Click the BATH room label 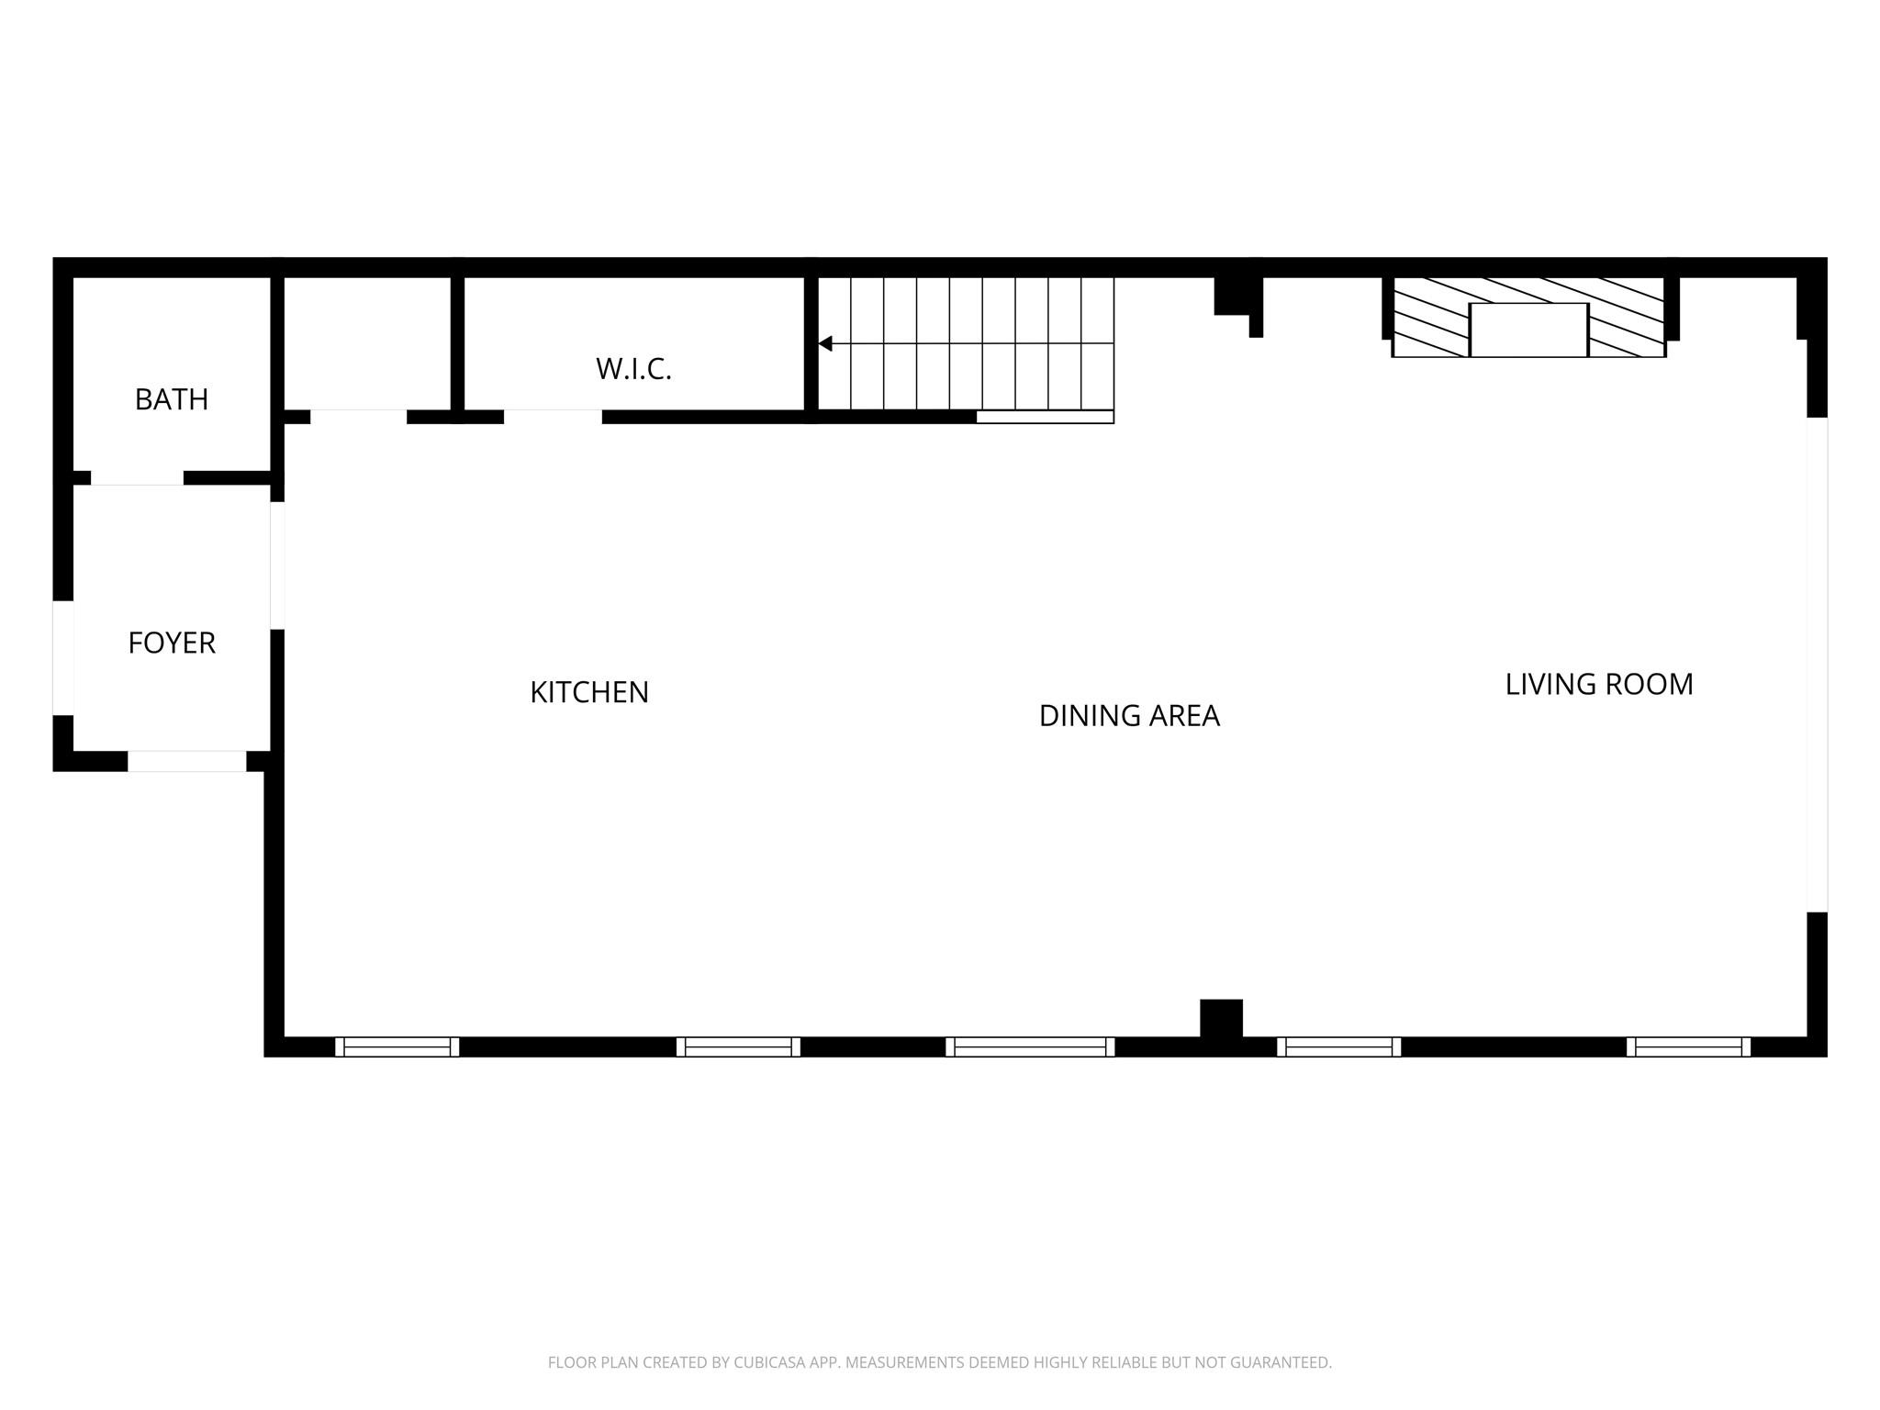tap(172, 399)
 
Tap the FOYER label tap(172, 643)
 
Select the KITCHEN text tap(589, 692)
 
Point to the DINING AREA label tap(1129, 716)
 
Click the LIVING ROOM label tap(1599, 684)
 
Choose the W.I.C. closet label tap(633, 369)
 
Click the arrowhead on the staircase tap(825, 343)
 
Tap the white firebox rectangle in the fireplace tap(1528, 330)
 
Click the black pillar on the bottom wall tap(1221, 1018)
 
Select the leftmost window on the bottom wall tap(397, 1046)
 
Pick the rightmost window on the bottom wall tap(1688, 1046)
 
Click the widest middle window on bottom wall tap(1030, 1046)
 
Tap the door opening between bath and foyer tap(137, 477)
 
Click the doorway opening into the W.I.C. tap(553, 417)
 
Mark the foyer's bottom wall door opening tap(187, 761)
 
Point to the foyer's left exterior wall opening tap(62, 657)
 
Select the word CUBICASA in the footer tap(769, 1362)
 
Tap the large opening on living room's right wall tap(1817, 665)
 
